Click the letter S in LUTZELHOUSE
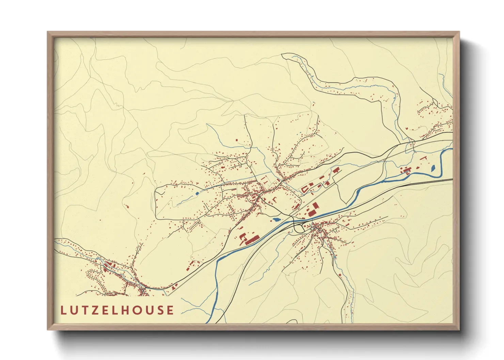(161, 310)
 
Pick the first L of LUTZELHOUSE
(63, 310)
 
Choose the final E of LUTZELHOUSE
(170, 310)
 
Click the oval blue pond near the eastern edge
(433, 168)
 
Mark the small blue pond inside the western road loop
(197, 194)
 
